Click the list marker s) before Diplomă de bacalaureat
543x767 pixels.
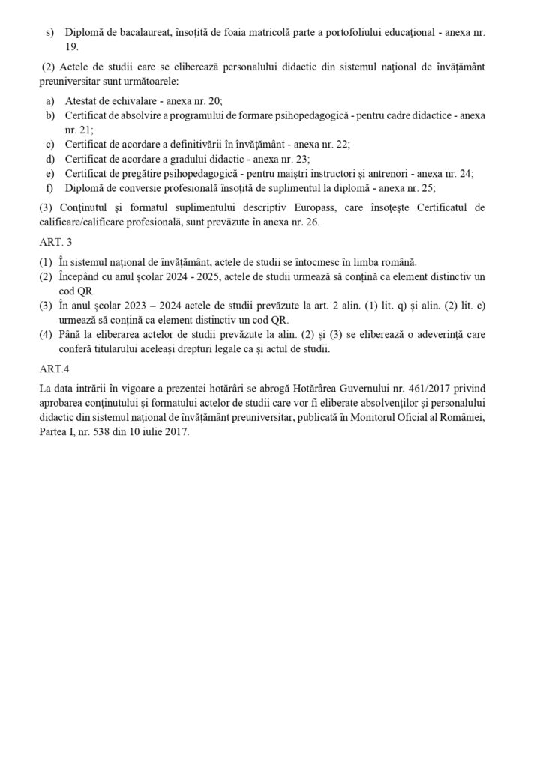pyautogui.click(x=50, y=33)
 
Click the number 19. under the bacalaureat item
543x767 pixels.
pyautogui.click(x=72, y=46)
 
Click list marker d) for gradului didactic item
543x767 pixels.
pyautogui.click(x=50, y=159)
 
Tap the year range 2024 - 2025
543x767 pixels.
pyautogui.click(x=184, y=276)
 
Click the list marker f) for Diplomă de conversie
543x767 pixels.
pyautogui.click(x=50, y=187)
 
